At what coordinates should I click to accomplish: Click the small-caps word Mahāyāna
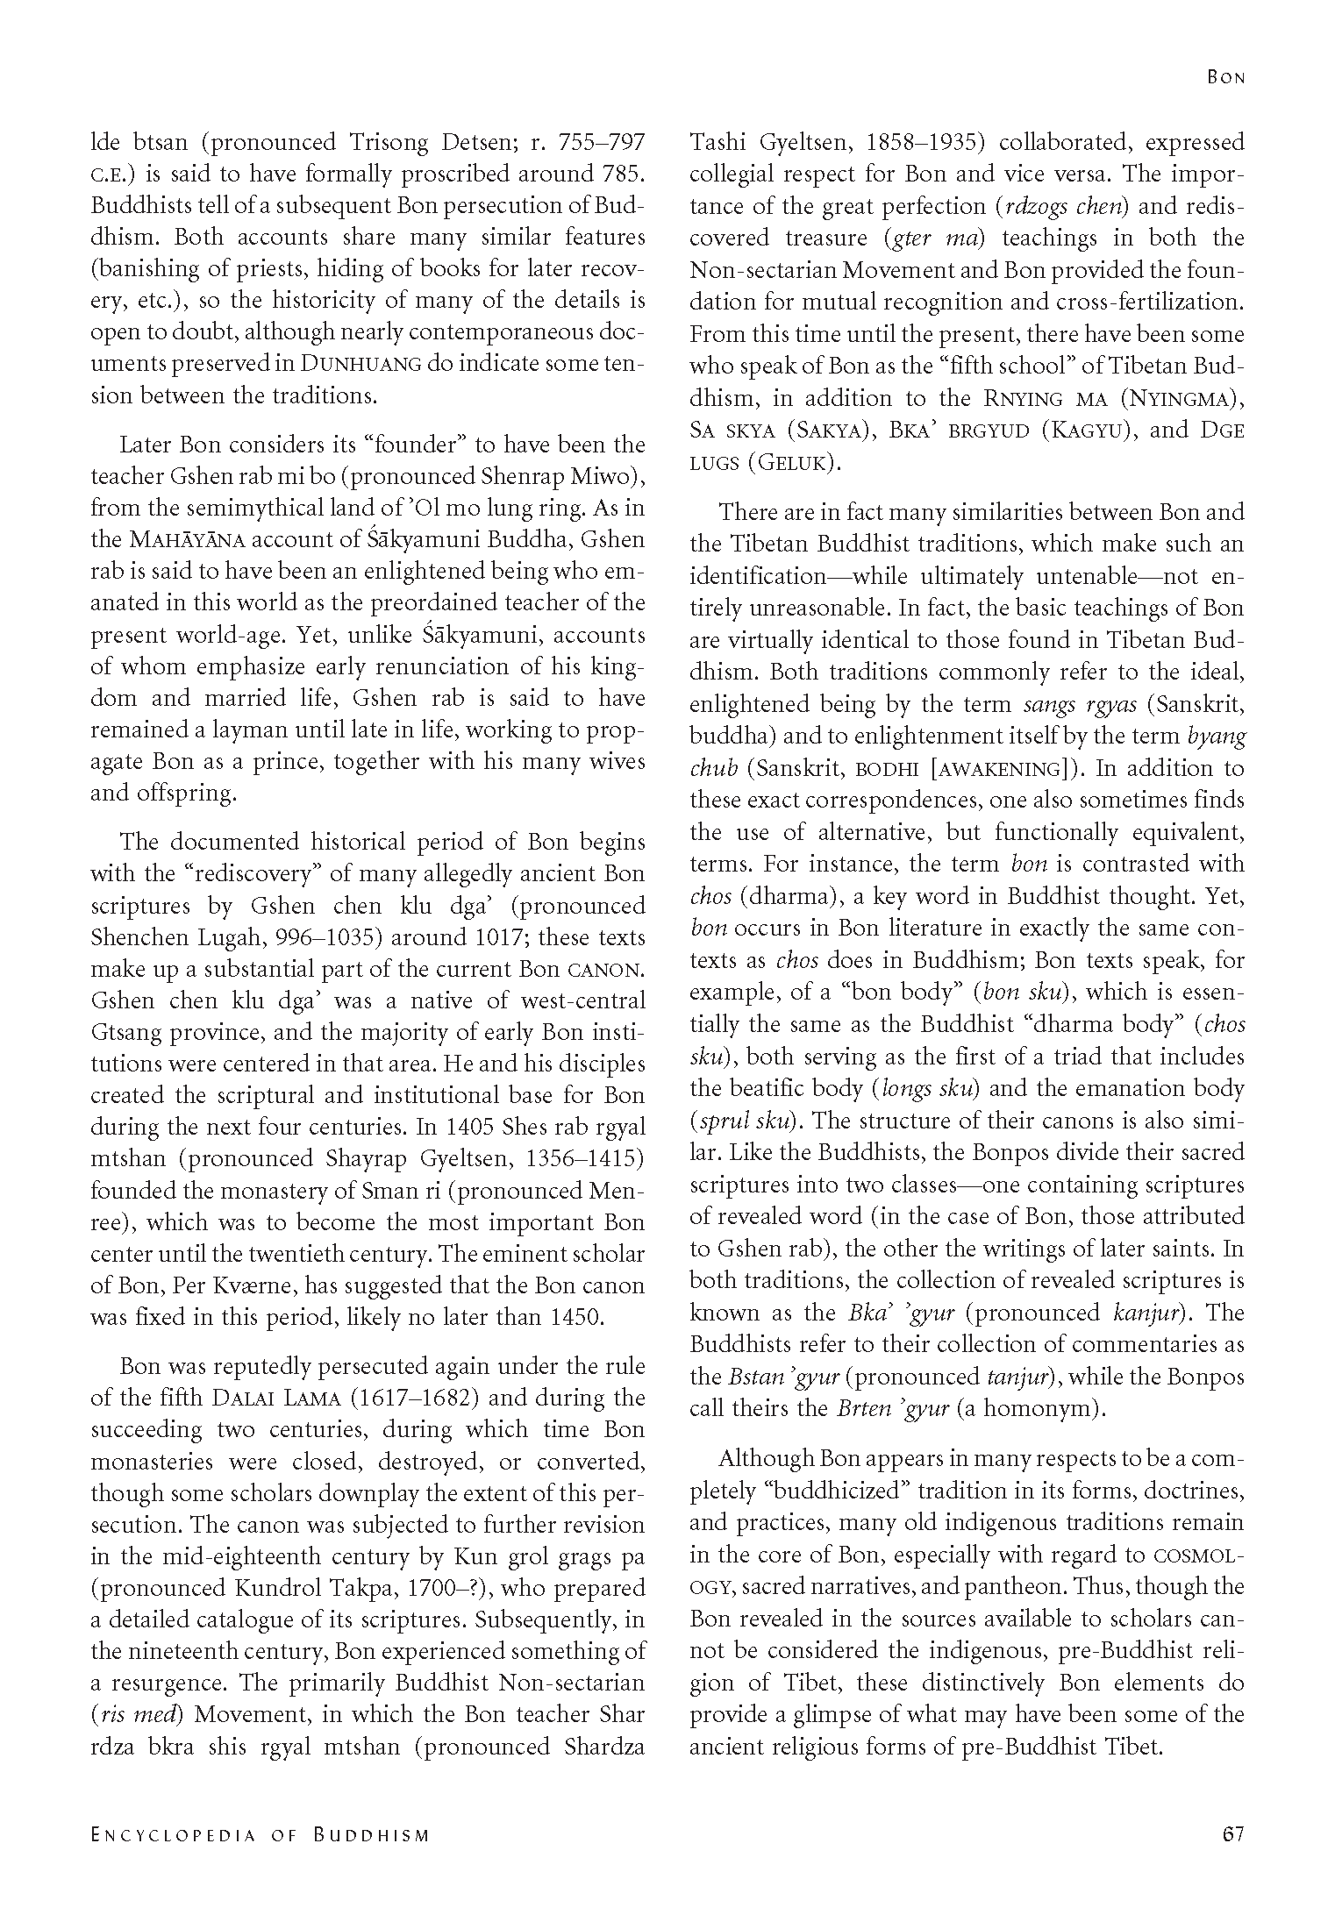click(180, 540)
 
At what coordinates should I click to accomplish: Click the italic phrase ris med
click(133, 1716)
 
